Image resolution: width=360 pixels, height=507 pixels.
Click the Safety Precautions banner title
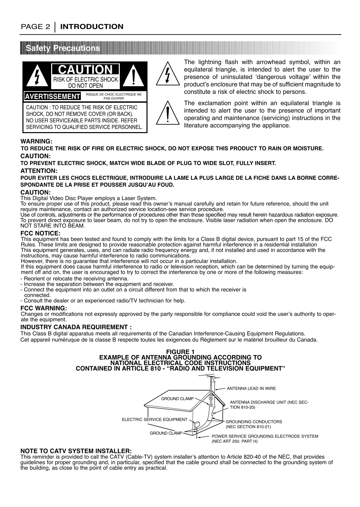[x=63, y=48]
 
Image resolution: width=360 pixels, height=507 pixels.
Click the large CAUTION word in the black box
[x=85, y=70]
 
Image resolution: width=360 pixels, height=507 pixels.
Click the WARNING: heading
[x=37, y=141]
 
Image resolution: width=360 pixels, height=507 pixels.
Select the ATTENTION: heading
[x=39, y=171]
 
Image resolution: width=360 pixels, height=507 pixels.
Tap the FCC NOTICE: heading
[x=40, y=234]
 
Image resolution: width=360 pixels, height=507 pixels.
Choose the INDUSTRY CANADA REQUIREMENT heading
[x=76, y=327]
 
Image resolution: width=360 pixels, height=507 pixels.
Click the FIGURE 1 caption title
[x=180, y=351]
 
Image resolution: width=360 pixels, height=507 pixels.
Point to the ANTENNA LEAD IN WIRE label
[x=251, y=389]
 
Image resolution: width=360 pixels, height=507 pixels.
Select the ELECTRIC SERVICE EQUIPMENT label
[x=154, y=419]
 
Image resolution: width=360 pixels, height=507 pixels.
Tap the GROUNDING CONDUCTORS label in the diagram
[x=254, y=422]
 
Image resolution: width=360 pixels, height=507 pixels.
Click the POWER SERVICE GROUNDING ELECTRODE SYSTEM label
[x=265, y=436]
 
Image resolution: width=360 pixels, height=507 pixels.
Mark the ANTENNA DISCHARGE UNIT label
[x=269, y=402]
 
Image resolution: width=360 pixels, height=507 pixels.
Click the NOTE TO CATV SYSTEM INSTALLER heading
[x=76, y=451]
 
